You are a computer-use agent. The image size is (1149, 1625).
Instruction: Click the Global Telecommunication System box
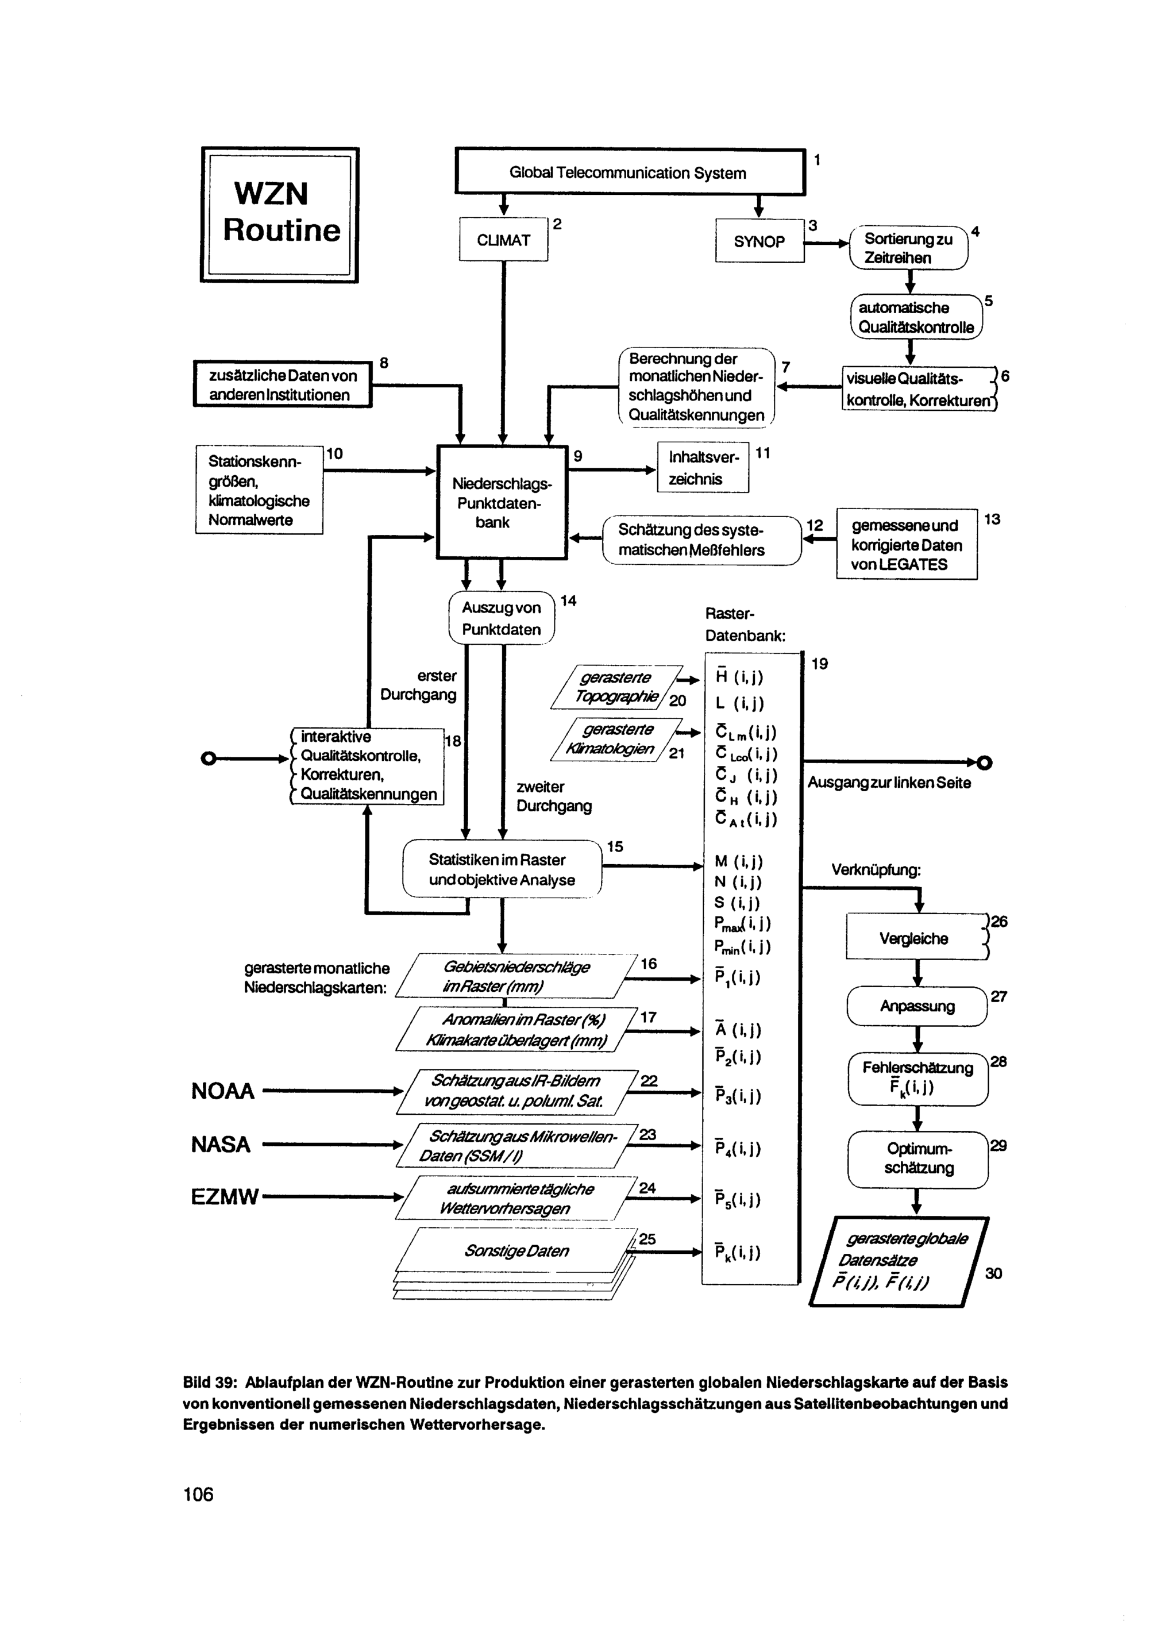click(x=630, y=172)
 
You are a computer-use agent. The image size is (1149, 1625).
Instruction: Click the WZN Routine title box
click(x=280, y=214)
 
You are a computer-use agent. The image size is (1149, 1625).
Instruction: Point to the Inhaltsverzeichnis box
click(x=703, y=468)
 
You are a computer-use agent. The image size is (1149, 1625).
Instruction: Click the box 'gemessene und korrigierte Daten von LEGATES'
click(x=907, y=544)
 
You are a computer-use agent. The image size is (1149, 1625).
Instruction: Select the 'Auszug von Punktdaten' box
click(x=502, y=618)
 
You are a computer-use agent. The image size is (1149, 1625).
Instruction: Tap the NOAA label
click(x=223, y=1091)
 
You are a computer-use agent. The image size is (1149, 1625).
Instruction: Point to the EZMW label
click(x=224, y=1197)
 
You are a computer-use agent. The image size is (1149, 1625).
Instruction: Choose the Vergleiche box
click(x=917, y=937)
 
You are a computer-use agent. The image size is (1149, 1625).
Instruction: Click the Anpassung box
click(x=917, y=1006)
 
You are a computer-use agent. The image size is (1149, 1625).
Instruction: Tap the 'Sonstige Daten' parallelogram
click(x=516, y=1250)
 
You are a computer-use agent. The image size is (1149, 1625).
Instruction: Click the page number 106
click(x=198, y=1493)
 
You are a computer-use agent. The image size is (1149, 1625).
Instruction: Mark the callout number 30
click(x=993, y=1273)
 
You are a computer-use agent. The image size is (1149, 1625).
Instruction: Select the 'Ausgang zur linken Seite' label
click(x=889, y=783)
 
